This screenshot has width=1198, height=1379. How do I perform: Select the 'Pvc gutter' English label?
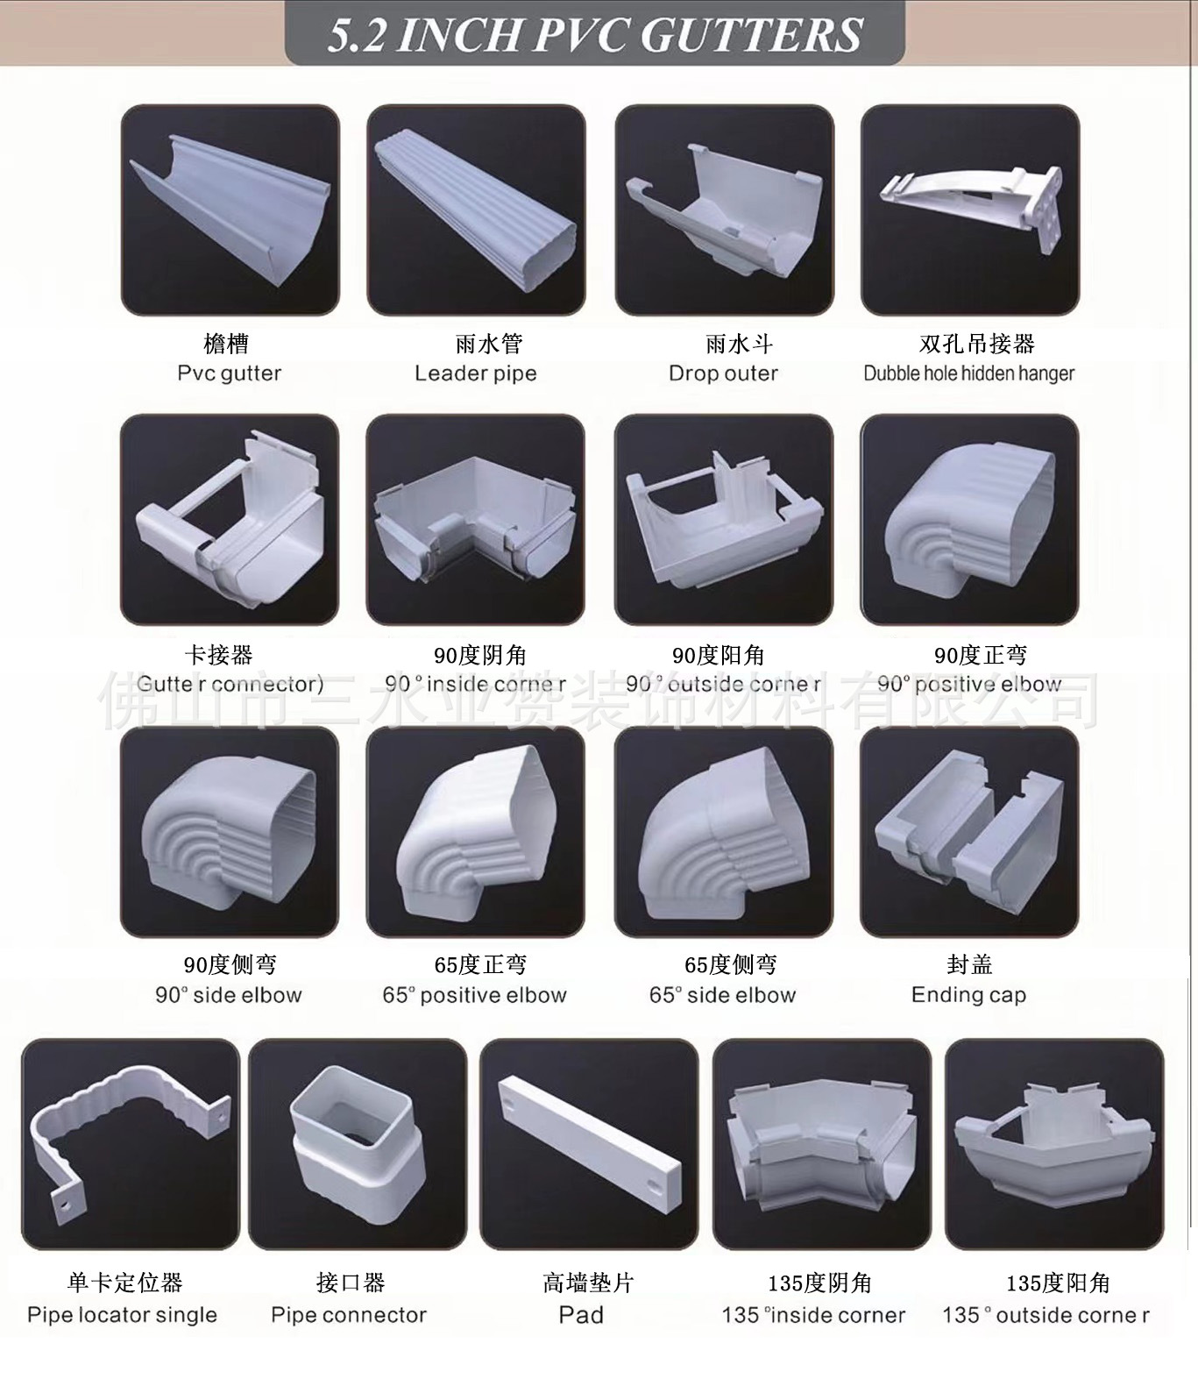(230, 373)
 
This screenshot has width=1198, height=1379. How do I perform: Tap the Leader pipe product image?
(476, 210)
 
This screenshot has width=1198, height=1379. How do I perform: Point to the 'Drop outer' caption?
(723, 373)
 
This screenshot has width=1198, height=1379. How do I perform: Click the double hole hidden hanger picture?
(970, 210)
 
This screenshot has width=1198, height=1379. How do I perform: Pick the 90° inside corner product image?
(476, 520)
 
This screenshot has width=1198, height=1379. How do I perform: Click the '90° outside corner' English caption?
(723, 684)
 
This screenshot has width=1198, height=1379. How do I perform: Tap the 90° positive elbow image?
(970, 520)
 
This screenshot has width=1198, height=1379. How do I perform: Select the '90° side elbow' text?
(229, 995)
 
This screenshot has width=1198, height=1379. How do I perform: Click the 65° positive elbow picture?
(476, 831)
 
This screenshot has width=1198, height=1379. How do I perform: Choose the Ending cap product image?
(970, 831)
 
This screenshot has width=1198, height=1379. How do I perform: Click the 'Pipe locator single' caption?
(122, 1315)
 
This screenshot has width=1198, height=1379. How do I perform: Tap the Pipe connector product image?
(358, 1144)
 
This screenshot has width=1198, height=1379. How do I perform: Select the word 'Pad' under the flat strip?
(581, 1315)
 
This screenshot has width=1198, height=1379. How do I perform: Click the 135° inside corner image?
(822, 1144)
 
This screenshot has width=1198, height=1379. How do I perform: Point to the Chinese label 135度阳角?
(1058, 1283)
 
